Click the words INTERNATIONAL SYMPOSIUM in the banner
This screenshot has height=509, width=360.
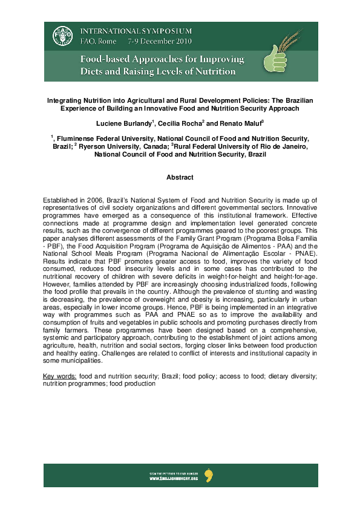136,31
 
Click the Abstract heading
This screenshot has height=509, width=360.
180,177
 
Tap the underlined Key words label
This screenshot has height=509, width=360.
59,376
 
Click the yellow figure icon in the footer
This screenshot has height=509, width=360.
209,475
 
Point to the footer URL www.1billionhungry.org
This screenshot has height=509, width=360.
174,478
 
